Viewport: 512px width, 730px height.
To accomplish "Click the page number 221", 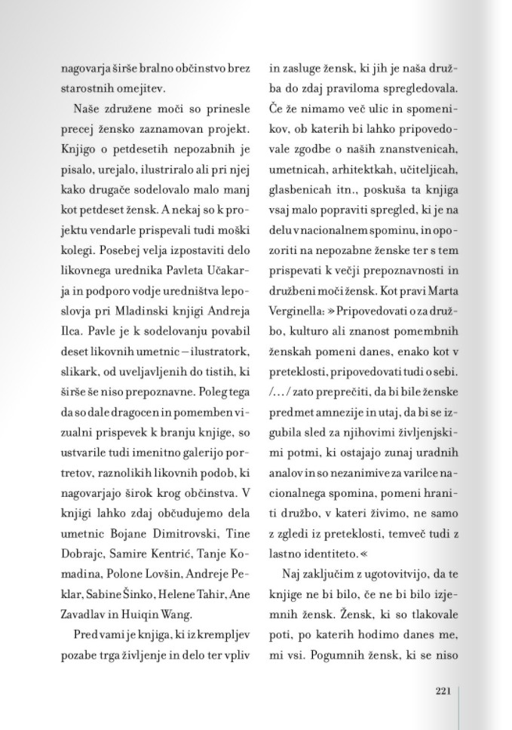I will (443, 690).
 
